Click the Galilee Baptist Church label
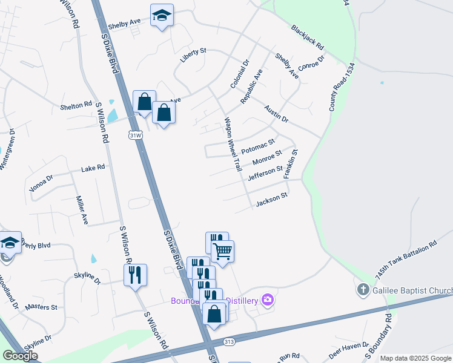[x=412, y=291]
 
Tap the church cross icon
[x=363, y=289]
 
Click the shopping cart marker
[x=223, y=250]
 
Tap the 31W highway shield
[x=136, y=136]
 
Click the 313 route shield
[x=228, y=342]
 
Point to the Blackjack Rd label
[x=307, y=37]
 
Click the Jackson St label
[x=271, y=200]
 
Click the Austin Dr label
[x=276, y=113]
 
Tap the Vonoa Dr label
[x=41, y=184]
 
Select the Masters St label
[x=41, y=307]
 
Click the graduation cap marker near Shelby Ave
[x=162, y=16]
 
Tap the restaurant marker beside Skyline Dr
[x=135, y=275]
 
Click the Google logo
[x=21, y=355]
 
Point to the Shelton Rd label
[x=76, y=105]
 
